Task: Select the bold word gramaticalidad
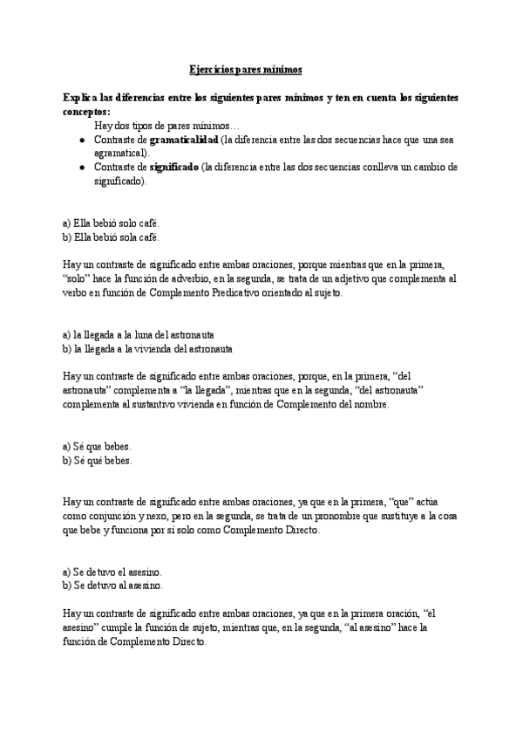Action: coord(183,139)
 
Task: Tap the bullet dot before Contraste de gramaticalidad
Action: coord(82,140)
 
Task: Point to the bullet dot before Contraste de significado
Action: coord(82,167)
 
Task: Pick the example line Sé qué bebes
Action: coord(98,461)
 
